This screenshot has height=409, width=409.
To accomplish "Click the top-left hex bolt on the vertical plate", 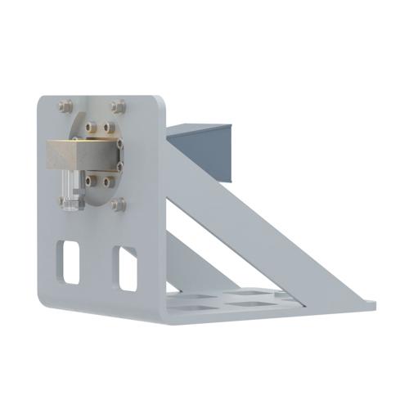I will click(x=65, y=106).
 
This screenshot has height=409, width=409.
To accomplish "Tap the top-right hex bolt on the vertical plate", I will click(x=119, y=106).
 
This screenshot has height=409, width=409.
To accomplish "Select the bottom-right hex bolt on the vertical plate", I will click(x=119, y=204).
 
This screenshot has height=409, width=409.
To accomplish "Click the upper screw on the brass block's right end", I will click(x=120, y=145).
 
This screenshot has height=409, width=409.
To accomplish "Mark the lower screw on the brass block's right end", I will click(x=120, y=166).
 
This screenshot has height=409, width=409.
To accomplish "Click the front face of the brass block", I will click(x=82, y=155).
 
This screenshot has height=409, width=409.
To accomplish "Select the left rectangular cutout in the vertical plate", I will click(x=70, y=263).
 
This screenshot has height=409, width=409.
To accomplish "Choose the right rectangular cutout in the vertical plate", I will click(x=128, y=268).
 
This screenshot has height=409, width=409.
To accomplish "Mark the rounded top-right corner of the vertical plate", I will click(x=160, y=102).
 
